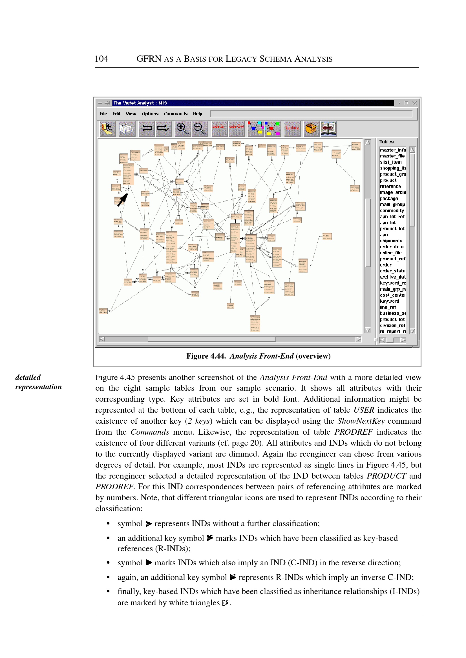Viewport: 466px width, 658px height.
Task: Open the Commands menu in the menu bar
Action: (175, 114)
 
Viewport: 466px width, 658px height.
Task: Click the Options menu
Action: (150, 114)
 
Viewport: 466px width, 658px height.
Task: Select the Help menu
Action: (197, 114)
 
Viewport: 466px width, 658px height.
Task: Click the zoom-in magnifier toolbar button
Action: (182, 128)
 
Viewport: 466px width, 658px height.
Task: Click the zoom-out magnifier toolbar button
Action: (199, 128)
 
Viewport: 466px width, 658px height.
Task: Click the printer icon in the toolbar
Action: (127, 128)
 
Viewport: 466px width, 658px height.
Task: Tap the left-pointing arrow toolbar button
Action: (146, 128)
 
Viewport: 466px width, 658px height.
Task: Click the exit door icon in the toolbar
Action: (107, 128)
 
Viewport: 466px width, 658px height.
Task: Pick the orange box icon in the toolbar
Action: (311, 128)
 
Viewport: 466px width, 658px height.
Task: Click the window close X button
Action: (414, 103)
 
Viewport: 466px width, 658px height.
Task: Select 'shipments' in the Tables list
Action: (391, 241)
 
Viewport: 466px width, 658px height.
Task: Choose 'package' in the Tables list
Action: (389, 198)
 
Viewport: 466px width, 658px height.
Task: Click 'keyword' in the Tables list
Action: (389, 301)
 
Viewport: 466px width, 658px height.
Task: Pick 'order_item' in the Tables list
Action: (392, 247)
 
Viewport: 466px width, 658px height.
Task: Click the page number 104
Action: (101, 59)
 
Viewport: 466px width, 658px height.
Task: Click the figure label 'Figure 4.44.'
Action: (206, 356)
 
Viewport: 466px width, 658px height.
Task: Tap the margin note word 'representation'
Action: (38, 387)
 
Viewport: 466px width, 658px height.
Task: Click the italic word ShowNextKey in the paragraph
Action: (361, 421)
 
